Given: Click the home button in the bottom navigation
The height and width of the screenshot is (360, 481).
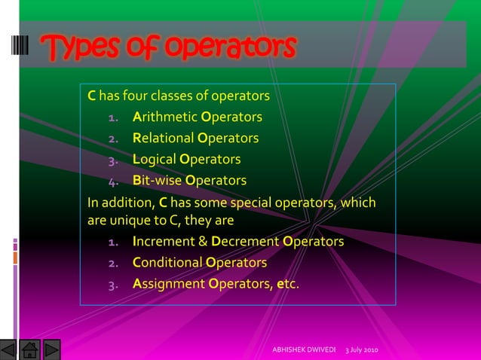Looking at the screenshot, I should [x=30, y=349].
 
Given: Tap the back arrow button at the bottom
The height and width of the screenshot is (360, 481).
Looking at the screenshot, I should [x=8, y=349].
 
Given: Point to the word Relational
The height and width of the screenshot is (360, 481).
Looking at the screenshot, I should [x=163, y=139].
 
